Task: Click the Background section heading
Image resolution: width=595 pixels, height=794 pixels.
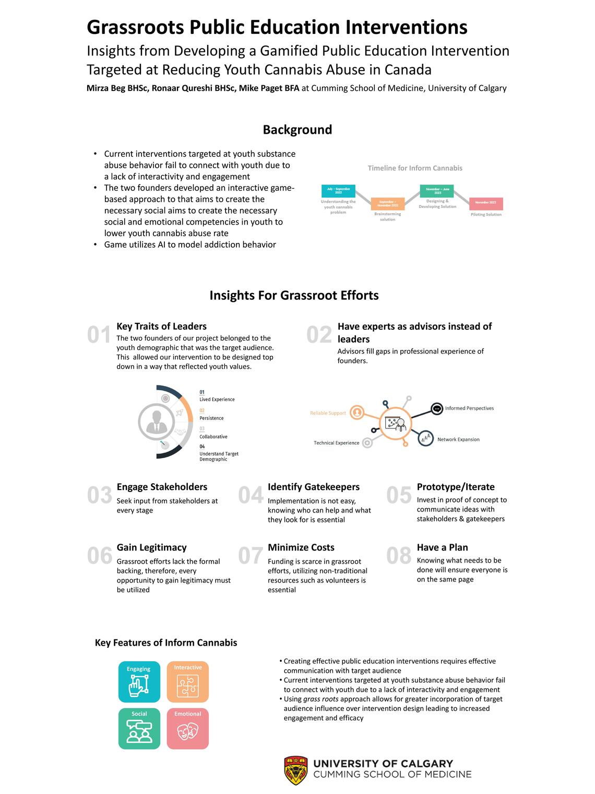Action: click(297, 130)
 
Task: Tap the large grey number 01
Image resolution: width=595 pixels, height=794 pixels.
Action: click(99, 335)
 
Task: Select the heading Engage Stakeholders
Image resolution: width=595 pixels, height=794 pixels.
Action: click(162, 487)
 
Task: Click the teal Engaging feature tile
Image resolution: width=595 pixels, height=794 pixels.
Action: click(139, 682)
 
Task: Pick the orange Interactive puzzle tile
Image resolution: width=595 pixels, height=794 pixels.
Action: click(188, 682)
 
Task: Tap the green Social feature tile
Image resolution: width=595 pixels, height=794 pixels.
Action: click(139, 728)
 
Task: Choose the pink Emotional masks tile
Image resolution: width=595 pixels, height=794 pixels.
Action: click(188, 728)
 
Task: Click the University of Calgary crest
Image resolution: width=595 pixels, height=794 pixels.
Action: click(296, 770)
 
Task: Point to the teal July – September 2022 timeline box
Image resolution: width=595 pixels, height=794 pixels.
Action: click(338, 191)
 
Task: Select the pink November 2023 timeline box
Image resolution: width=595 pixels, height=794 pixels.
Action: click(485, 203)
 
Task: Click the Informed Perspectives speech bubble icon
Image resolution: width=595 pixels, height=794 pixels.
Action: click(437, 409)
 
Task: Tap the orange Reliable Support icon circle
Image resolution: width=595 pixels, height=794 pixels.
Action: click(357, 413)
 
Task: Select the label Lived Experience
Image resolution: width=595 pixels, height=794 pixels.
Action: click(217, 400)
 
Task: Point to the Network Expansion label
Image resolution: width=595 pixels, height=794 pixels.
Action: click(458, 439)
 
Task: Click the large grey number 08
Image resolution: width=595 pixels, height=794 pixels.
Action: click(399, 556)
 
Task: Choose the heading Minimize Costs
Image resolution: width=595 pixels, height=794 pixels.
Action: click(301, 547)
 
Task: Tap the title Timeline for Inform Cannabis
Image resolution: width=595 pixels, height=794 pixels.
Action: click(415, 168)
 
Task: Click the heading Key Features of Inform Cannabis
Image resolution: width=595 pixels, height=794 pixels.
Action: click(166, 643)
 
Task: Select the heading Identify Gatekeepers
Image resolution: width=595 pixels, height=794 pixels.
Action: click(314, 487)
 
